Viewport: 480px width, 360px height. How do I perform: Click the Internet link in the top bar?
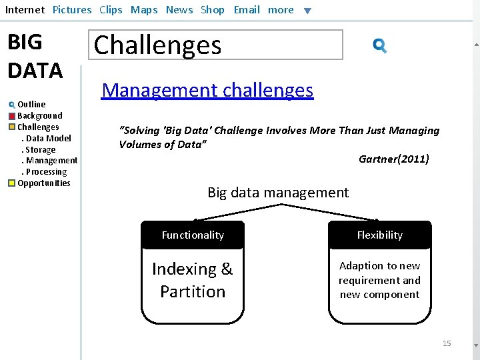click(25, 10)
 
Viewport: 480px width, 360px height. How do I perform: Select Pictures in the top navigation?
click(72, 10)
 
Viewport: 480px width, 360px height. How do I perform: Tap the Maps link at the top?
click(144, 10)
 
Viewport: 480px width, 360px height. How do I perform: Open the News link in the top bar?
click(179, 10)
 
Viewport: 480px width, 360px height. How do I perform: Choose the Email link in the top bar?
click(247, 10)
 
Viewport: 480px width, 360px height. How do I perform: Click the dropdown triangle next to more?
click(307, 11)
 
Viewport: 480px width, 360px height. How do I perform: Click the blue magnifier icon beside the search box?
click(380, 46)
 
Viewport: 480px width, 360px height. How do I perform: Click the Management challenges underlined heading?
click(207, 90)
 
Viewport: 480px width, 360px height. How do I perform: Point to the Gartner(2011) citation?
click(393, 159)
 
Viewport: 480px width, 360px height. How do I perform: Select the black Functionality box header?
click(193, 235)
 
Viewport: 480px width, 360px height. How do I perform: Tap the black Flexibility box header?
click(379, 235)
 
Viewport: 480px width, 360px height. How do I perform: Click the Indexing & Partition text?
click(193, 280)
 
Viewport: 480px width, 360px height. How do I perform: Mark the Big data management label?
click(278, 193)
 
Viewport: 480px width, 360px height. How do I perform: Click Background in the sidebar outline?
click(39, 116)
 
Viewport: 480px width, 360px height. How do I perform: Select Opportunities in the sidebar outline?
click(43, 183)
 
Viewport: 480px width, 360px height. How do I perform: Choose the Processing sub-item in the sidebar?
click(46, 172)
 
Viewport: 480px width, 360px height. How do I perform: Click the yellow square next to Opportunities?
click(11, 183)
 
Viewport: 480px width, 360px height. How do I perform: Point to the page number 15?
click(447, 343)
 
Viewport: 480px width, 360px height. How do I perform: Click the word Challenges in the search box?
click(157, 45)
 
